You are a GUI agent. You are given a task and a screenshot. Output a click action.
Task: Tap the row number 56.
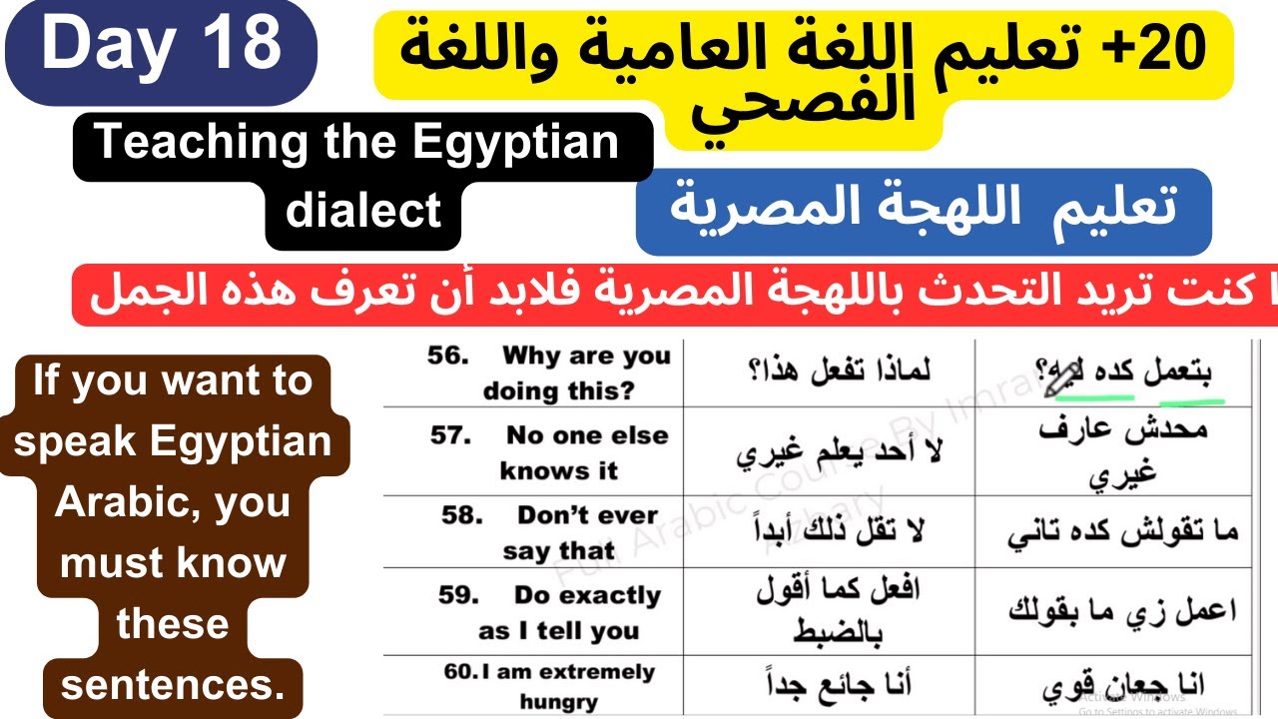click(x=448, y=357)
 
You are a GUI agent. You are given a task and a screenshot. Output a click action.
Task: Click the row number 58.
click(x=462, y=516)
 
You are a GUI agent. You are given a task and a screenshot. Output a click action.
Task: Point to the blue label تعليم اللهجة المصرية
click(x=923, y=210)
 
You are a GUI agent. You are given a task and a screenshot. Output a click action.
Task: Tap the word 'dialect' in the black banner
click(x=362, y=211)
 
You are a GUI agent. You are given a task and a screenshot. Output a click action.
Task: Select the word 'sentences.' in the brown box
click(x=172, y=686)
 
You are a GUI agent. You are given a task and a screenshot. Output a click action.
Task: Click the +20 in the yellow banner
click(x=1169, y=48)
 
